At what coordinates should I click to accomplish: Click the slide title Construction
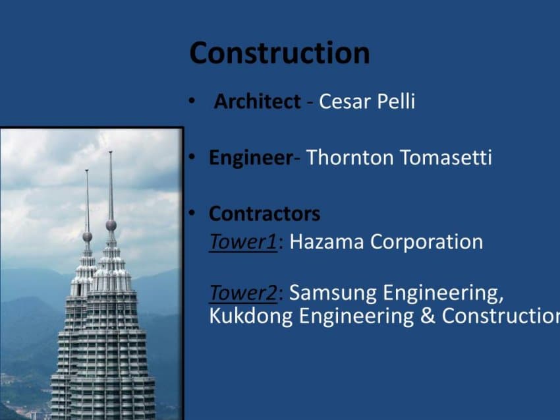(279, 53)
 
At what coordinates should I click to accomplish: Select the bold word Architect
(257, 101)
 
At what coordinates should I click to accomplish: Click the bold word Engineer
(251, 158)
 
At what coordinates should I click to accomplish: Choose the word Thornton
(350, 157)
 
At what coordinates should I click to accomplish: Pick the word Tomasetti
(446, 157)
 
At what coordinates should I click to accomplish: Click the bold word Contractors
(264, 214)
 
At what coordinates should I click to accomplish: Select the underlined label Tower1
(243, 241)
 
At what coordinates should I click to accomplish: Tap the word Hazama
(326, 241)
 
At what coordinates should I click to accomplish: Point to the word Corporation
(426, 242)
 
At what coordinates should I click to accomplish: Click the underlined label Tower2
(243, 293)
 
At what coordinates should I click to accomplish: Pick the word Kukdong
(251, 316)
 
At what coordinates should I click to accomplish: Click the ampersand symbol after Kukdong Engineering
(428, 316)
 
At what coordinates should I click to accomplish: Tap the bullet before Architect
(192, 101)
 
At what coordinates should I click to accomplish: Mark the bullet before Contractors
(192, 214)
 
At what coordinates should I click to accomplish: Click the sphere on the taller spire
(111, 225)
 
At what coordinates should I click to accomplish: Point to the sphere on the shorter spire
(87, 236)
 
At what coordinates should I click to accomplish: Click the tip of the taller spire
(111, 152)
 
